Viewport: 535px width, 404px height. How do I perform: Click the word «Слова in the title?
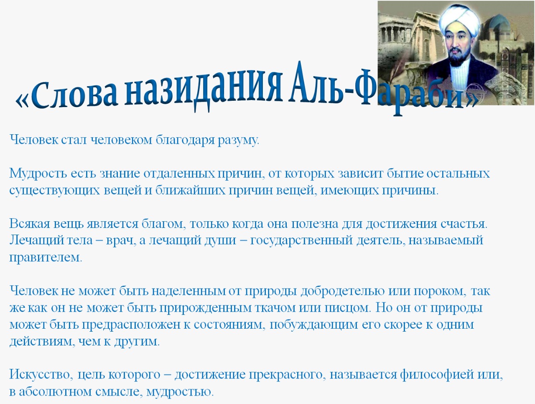click(x=67, y=96)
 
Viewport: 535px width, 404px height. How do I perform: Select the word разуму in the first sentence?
click(x=238, y=141)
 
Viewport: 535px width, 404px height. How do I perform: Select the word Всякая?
click(x=30, y=224)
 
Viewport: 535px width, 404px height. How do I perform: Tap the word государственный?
click(x=301, y=240)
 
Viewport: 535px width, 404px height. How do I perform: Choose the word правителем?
click(x=46, y=258)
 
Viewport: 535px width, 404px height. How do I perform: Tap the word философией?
click(x=437, y=375)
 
